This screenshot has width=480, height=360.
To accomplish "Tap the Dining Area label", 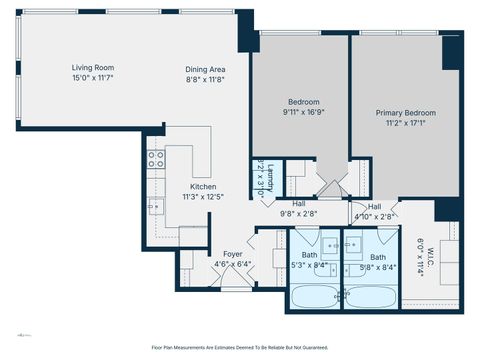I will pos(204,69).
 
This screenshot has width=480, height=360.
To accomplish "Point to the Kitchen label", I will pos(204,187).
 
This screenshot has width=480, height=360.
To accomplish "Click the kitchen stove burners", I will pos(156,157).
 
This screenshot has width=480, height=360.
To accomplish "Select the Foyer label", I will pos(232,254).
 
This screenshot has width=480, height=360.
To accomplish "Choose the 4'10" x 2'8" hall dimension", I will pos(375,214).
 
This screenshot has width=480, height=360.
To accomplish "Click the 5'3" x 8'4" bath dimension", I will pos(310,265).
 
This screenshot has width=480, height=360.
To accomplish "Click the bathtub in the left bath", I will pos(315,296).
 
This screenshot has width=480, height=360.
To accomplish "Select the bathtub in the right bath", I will pos(372,296).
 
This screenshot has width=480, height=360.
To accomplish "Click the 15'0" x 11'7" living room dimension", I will pos(93,78).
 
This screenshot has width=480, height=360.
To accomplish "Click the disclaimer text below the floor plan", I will pos(240,347).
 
